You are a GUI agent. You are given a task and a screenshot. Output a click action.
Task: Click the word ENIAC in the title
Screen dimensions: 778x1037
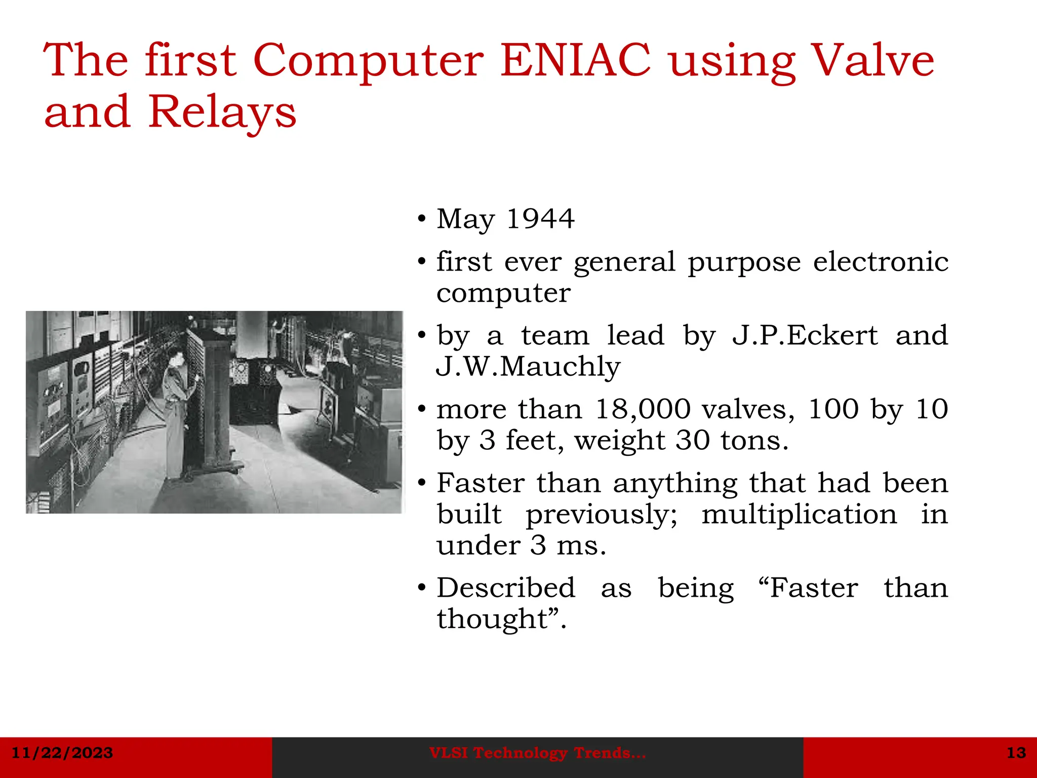pyautogui.click(x=575, y=61)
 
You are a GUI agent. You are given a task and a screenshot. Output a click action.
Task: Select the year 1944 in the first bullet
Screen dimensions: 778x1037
pyautogui.click(x=540, y=219)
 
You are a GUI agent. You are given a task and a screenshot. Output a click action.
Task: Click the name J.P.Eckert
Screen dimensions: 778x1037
pyautogui.click(x=805, y=335)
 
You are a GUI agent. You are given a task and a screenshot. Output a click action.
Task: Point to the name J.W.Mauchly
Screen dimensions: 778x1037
pyautogui.click(x=528, y=367)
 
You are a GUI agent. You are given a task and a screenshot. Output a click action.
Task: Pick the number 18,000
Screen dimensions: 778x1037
pyautogui.click(x=643, y=409)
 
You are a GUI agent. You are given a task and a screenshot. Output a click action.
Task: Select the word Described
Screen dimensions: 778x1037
pyautogui.click(x=506, y=588)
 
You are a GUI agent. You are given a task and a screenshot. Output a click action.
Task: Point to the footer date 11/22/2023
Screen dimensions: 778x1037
pyautogui.click(x=62, y=753)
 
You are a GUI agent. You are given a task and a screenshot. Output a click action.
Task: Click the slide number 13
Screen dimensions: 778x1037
pyautogui.click(x=1016, y=753)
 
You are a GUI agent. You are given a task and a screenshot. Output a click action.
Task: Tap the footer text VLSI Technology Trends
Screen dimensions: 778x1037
pyautogui.click(x=537, y=753)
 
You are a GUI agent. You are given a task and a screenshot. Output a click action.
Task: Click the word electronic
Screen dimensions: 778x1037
pyautogui.click(x=881, y=262)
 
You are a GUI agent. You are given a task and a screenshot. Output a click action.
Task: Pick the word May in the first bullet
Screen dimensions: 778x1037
pyautogui.click(x=465, y=220)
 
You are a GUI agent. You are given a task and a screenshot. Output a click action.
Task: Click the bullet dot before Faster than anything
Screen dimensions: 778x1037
pyautogui.click(x=422, y=483)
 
